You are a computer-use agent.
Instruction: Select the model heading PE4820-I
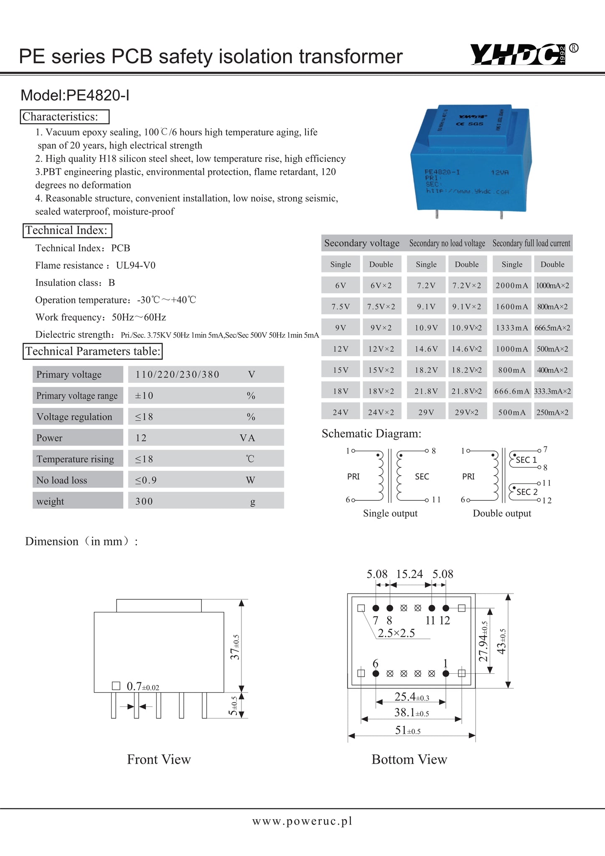75,96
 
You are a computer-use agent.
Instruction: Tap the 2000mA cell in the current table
512,285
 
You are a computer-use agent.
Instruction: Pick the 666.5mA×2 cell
552,328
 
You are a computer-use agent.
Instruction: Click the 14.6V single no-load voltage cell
426,349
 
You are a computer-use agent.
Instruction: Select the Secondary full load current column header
531,243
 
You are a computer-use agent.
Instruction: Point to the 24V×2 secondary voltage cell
381,413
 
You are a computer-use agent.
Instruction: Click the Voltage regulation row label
74,417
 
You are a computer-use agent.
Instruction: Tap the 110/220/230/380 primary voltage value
177,374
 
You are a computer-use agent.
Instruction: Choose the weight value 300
144,501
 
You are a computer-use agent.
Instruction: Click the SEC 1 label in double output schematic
526,460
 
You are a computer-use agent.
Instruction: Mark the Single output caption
390,513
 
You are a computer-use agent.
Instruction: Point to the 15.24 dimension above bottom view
409,574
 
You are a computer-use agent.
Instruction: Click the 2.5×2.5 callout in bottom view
396,633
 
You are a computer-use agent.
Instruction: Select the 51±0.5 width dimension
408,730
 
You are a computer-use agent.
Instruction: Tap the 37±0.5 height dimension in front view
236,647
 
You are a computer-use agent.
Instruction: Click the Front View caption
159,759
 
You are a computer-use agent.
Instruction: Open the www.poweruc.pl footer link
302,821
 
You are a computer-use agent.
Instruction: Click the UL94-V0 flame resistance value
136,265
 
